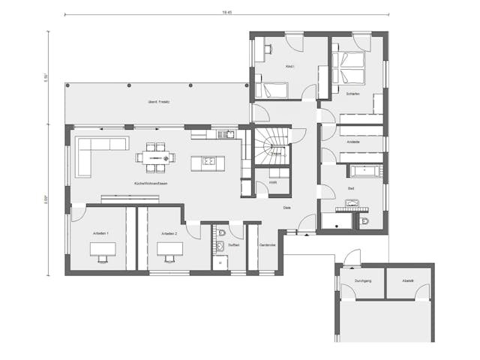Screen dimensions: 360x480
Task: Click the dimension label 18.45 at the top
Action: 226,12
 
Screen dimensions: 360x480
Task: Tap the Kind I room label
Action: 289,67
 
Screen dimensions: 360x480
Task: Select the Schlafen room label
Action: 354,94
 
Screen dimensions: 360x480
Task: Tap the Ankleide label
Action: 353,142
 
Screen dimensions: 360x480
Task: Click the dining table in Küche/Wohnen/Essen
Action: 157,157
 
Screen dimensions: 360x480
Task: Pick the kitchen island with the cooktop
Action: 206,161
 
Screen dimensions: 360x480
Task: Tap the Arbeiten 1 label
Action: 100,234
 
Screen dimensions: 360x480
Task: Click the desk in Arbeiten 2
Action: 168,251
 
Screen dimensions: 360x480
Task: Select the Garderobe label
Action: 267,245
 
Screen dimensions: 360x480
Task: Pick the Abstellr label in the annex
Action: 408,281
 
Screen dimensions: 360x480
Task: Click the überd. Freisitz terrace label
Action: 158,102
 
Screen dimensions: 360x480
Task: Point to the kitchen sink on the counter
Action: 221,135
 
